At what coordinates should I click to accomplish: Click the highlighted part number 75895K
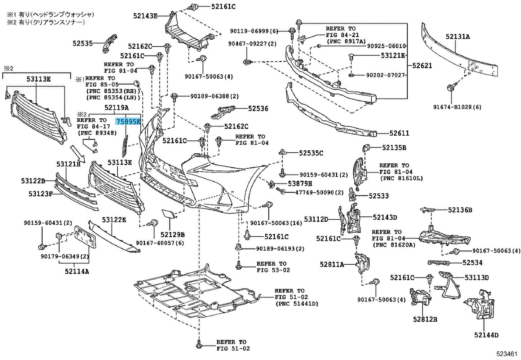point(128,122)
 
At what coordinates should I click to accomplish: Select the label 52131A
point(458,36)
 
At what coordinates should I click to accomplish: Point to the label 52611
point(399,133)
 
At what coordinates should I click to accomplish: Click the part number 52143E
point(145,16)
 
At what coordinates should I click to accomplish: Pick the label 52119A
point(116,107)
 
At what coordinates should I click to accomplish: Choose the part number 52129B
point(172,235)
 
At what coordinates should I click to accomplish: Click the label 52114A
point(77,271)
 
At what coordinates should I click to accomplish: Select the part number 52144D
point(486,335)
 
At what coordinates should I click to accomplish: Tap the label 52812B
point(425,319)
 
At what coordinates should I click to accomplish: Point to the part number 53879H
point(300,184)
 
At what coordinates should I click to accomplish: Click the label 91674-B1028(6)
point(457,107)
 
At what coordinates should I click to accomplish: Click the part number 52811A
point(331,264)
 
